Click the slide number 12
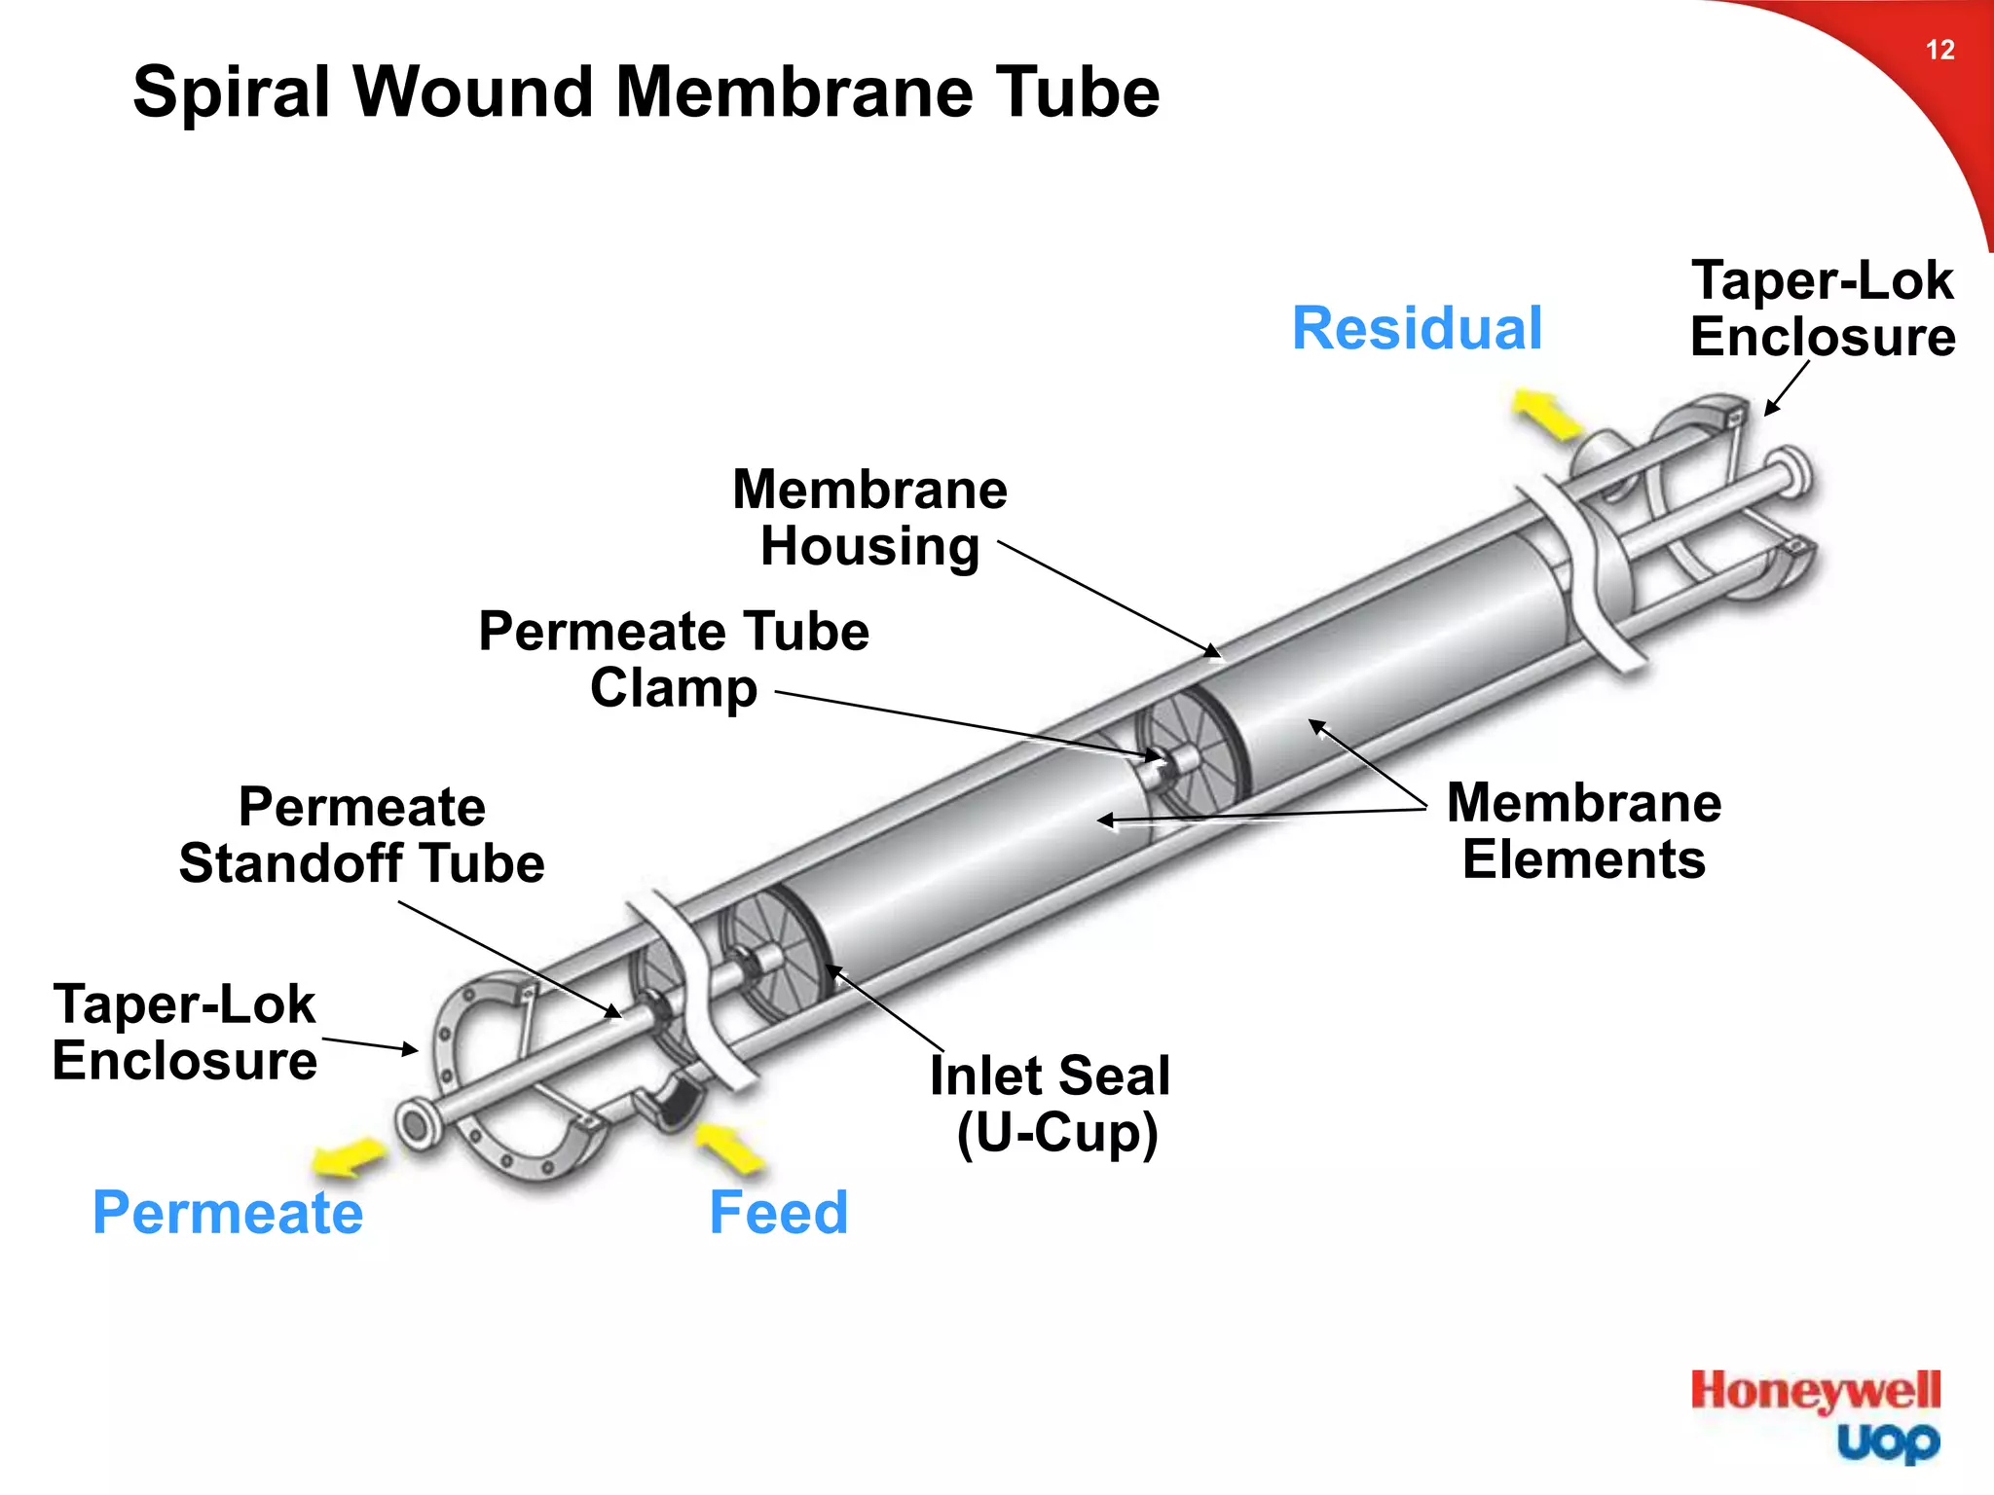tap(1939, 51)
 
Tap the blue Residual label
tap(1417, 329)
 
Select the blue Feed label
tap(778, 1213)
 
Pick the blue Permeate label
tap(228, 1213)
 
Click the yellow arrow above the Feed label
tap(730, 1149)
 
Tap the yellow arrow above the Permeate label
tap(348, 1157)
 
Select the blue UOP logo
tap(1888, 1442)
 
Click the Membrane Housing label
tap(869, 518)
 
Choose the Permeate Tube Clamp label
tap(674, 660)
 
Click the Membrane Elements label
tap(1584, 831)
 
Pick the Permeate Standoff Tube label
tap(362, 835)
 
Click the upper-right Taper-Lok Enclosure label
tap(1822, 309)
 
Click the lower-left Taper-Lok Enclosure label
tap(185, 1033)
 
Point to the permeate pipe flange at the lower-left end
tap(416, 1126)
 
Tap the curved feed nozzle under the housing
tap(672, 1105)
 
